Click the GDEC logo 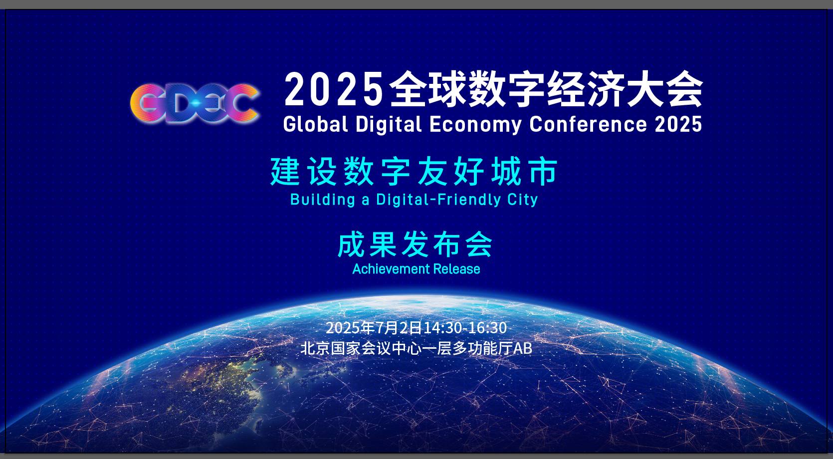click(195, 103)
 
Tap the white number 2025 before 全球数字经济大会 click(334, 89)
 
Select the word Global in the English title click(316, 124)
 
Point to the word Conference click(588, 124)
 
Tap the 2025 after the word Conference click(678, 124)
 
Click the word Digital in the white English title click(389, 124)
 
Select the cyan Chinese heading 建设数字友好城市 click(414, 172)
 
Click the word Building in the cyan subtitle click(322, 200)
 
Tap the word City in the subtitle click(522, 200)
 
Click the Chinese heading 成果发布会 click(415, 244)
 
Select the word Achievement click(390, 268)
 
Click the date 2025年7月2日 click(374, 328)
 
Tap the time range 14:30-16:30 click(465, 328)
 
